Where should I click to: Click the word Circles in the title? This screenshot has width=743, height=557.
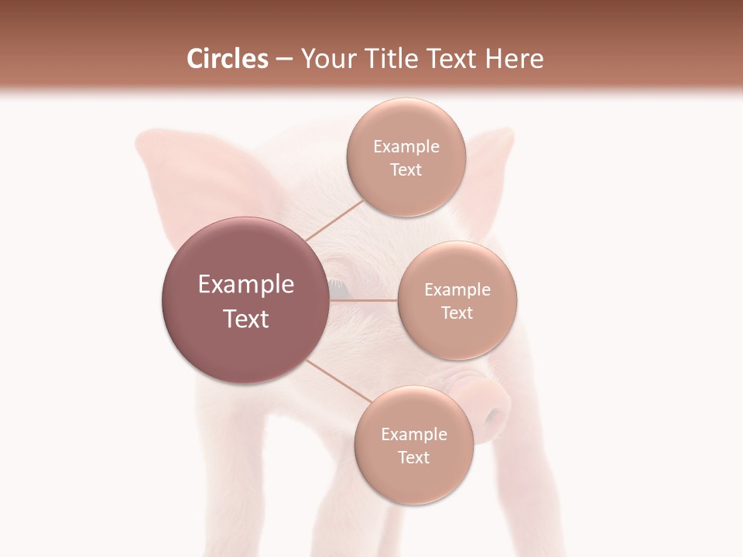[227, 59]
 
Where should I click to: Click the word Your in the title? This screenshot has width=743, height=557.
[328, 59]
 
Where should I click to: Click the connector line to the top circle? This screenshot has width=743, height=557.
[334, 220]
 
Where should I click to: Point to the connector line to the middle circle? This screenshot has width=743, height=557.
[364, 300]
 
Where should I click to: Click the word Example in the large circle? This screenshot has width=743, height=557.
[246, 285]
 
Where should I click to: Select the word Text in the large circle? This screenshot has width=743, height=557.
[246, 319]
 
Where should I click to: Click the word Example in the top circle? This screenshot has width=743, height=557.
[406, 147]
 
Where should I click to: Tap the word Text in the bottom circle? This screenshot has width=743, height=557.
[413, 458]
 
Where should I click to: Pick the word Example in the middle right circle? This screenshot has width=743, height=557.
[457, 290]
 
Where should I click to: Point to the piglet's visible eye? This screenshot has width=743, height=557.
[338, 288]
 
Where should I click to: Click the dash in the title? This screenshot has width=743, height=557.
[284, 60]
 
